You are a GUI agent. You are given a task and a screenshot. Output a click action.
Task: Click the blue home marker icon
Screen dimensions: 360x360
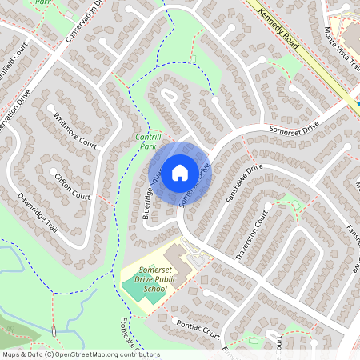click(180, 172)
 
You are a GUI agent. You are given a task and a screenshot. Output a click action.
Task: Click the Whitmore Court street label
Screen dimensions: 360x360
click(74, 130)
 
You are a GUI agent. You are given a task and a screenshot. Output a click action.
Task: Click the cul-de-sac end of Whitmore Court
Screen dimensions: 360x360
click(51, 106)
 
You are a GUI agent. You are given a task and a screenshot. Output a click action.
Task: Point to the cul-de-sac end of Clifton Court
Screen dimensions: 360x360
click(54, 171)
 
